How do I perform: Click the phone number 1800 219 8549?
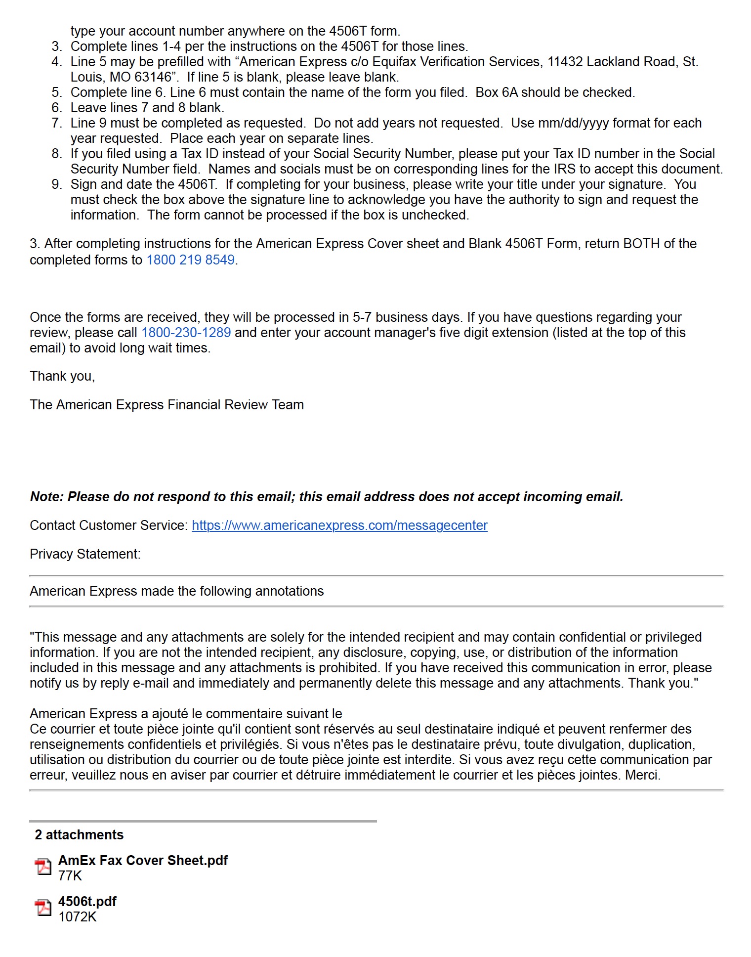tap(190, 260)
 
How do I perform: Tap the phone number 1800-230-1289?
tap(186, 333)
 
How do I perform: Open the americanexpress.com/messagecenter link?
tap(339, 525)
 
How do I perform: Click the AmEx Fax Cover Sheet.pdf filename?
tap(143, 861)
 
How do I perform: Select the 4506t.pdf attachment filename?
tap(87, 902)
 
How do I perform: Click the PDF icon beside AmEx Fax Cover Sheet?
tap(43, 867)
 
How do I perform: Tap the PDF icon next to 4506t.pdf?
tap(43, 908)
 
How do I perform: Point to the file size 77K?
tap(70, 876)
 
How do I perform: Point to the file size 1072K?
tap(77, 917)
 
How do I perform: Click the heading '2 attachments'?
tap(79, 835)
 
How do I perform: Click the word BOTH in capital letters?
tap(641, 244)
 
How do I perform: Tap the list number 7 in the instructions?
tap(56, 123)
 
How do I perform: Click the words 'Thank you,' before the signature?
tap(62, 376)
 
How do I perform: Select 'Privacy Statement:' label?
tap(85, 554)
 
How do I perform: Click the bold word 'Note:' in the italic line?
tap(47, 497)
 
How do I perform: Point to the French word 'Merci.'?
tap(642, 775)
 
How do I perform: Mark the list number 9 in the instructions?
tap(56, 184)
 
